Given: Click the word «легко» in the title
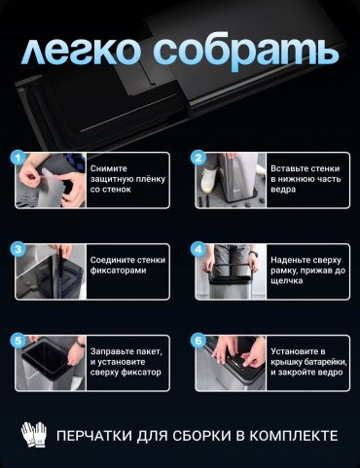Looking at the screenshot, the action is click(82, 52).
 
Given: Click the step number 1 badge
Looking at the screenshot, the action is click(18, 158).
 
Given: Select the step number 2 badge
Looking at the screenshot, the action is click(198, 158).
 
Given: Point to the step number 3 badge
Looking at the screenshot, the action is click(18, 249).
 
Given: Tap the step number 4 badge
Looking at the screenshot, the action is click(198, 249).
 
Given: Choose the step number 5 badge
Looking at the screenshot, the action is click(18, 341).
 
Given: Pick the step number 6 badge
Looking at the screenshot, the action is click(198, 341).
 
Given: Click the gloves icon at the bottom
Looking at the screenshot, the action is click(34, 434).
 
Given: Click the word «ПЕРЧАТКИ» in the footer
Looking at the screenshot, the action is click(94, 436).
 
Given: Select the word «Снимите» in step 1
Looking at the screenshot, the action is click(108, 168).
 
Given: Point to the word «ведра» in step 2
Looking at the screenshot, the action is click(283, 190).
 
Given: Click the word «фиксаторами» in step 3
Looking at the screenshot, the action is click(118, 270).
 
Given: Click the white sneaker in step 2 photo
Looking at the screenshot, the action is click(208, 180).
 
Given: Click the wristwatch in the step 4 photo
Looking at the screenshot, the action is click(254, 254).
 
